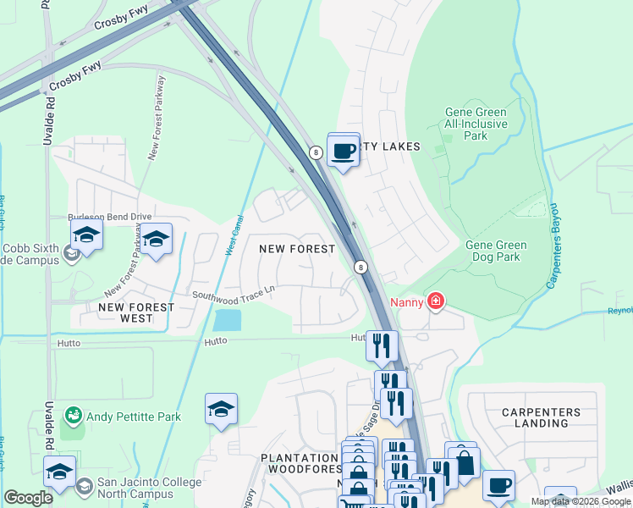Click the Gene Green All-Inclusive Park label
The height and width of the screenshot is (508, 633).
(x=476, y=124)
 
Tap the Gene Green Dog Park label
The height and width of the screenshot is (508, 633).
(x=496, y=251)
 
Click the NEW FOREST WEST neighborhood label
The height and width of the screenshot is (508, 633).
(x=136, y=312)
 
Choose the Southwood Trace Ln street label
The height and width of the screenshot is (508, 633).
(x=234, y=294)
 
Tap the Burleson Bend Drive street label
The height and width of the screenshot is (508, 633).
(x=109, y=217)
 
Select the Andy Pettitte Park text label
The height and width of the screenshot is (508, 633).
(x=138, y=417)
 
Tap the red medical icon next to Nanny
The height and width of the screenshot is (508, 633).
(x=436, y=301)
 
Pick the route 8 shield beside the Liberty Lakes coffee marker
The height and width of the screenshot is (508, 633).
(x=316, y=152)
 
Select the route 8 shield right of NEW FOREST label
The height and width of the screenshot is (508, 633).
(x=361, y=267)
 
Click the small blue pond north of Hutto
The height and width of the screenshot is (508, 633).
(x=227, y=320)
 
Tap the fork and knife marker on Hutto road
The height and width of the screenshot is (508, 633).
(x=382, y=345)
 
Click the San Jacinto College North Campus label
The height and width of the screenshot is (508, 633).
(x=149, y=489)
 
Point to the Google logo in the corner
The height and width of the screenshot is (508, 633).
(x=29, y=499)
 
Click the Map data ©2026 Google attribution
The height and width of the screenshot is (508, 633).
(x=580, y=501)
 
